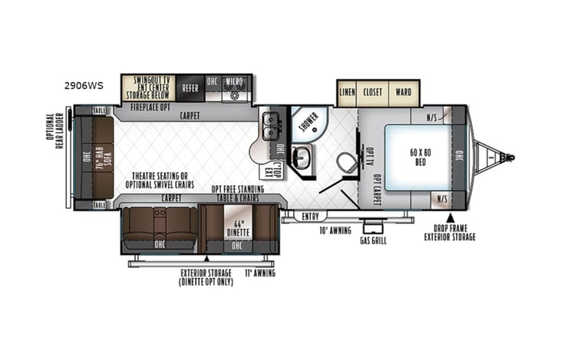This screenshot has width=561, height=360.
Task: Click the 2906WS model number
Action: tap(83, 86)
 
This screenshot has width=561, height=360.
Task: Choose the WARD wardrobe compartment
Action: tap(404, 92)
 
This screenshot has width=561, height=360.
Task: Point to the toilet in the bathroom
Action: tap(347, 163)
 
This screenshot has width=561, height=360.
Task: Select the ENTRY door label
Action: tap(311, 216)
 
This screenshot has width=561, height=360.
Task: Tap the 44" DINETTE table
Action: tap(236, 228)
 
